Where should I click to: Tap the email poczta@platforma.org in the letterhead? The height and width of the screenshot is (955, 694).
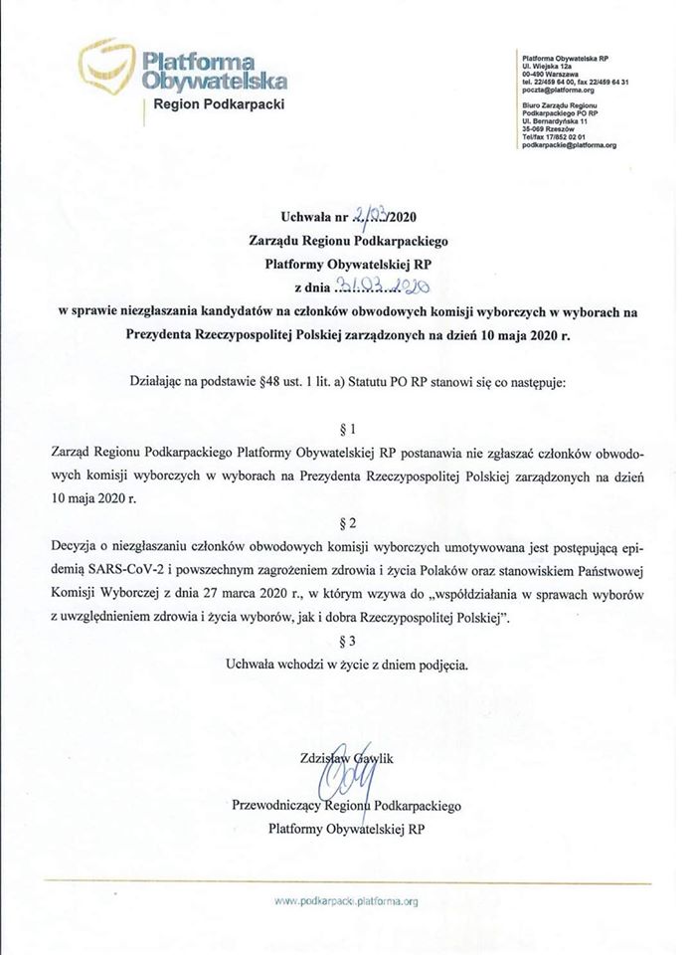[x=553, y=91]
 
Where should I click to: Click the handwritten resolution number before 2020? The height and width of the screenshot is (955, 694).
[x=366, y=216]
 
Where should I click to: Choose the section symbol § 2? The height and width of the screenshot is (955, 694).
[x=347, y=521]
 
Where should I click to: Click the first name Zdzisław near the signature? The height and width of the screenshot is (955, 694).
[x=311, y=758]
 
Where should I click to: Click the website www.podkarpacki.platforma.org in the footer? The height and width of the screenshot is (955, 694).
[x=347, y=900]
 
